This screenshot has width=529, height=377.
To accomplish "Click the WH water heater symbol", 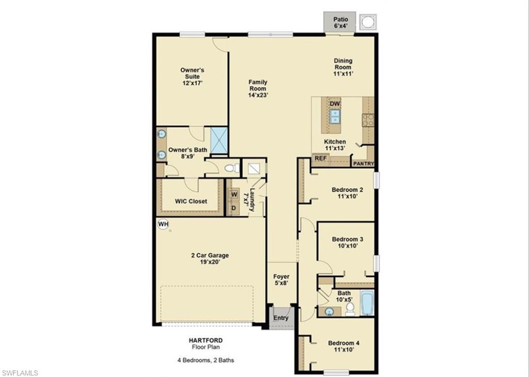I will (163, 224).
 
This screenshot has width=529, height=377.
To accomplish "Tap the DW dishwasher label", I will (335, 104).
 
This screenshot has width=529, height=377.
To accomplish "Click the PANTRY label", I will (363, 163).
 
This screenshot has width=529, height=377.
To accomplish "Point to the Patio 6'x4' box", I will (339, 22).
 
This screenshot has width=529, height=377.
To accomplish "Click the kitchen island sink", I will (335, 117).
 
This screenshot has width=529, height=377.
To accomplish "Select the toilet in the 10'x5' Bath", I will (350, 309).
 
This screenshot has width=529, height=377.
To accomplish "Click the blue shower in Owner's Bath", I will (219, 140).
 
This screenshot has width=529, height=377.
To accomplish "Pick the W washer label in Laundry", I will (234, 194).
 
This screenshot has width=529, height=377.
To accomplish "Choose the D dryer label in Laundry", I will (234, 208).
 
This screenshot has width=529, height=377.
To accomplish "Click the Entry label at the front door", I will (281, 318).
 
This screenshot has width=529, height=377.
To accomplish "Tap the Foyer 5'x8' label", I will (281, 280).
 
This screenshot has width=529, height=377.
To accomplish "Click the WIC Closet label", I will (191, 201).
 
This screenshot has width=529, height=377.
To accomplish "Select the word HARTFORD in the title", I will (206, 340).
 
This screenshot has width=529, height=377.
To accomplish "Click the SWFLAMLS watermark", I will (20, 372).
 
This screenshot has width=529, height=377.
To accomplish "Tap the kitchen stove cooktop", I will (368, 120).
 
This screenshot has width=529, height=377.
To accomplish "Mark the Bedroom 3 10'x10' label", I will (347, 243).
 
